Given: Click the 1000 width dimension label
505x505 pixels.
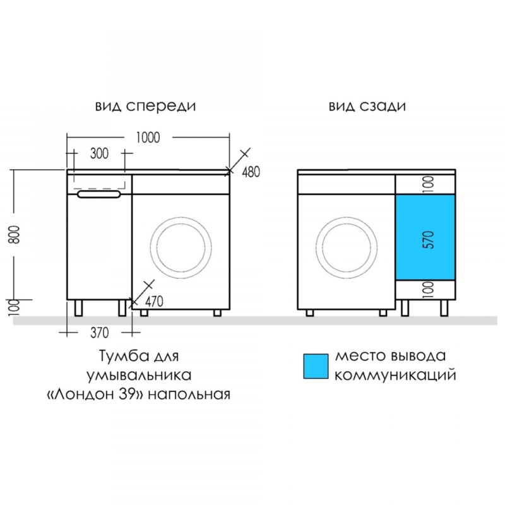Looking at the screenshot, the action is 148,138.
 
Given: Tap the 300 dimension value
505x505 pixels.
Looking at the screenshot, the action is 99,153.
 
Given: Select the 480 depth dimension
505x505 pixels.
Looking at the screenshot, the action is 251,172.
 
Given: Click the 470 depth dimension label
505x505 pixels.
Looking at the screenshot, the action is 154,302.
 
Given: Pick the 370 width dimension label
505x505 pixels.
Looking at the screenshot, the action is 100,333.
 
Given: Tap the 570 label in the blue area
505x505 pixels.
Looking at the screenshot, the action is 429,240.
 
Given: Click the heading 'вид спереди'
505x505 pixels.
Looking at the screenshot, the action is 145,106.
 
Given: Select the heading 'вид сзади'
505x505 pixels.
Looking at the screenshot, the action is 367,106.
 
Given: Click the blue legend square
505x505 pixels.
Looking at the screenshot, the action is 316,366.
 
